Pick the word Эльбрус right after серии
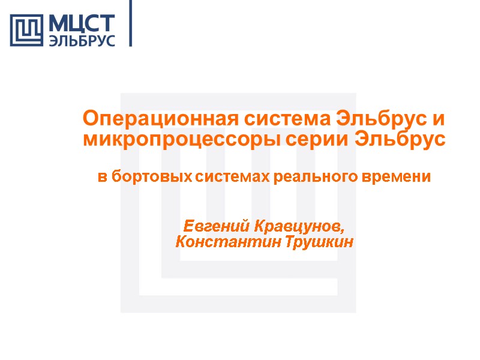[x=401, y=140]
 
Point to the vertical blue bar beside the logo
[x=130, y=23]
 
